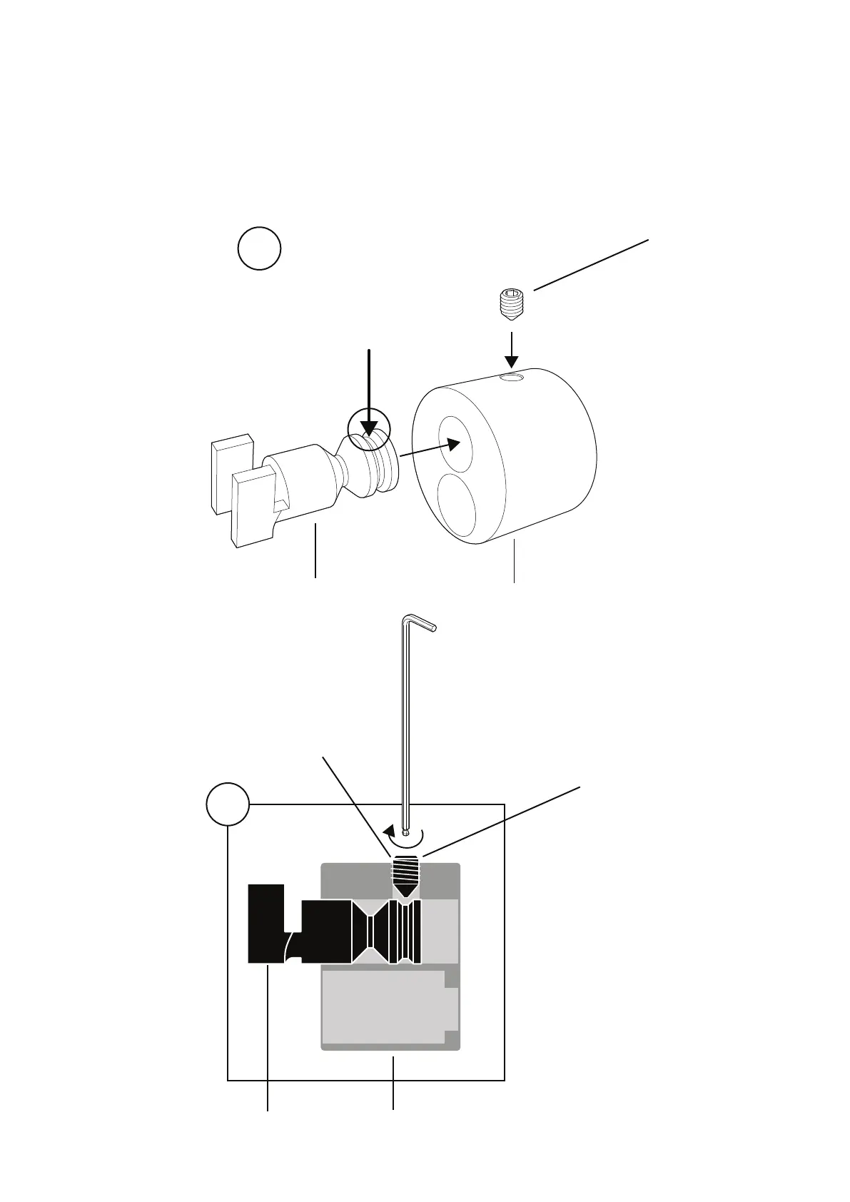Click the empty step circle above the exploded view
click(259, 248)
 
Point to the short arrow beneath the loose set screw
click(512, 349)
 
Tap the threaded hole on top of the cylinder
click(512, 377)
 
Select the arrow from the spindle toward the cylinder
click(428, 450)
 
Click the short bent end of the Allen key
click(421, 623)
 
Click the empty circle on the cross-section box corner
click(228, 804)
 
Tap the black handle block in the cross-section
click(265, 924)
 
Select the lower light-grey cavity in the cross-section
click(385, 1006)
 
